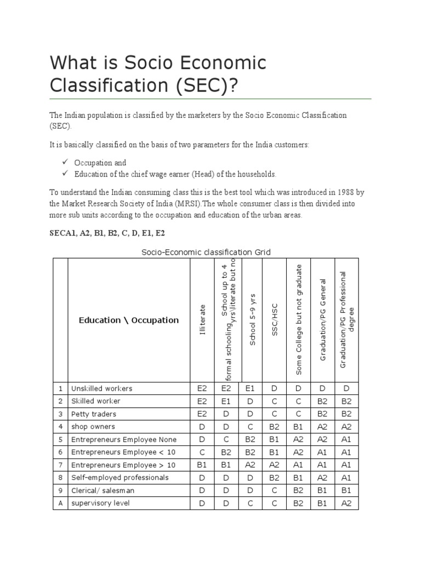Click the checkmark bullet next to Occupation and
point(65,162)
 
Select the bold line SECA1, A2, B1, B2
point(107,233)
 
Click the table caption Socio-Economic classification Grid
point(206,252)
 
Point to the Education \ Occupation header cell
point(129,320)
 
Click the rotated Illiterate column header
point(202,320)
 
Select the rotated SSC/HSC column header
point(275,320)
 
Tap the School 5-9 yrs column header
point(252,320)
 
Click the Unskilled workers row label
point(102,388)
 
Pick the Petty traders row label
point(94,414)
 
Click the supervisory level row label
point(100,503)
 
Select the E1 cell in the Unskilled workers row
point(251,388)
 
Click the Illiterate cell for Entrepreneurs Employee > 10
point(202,465)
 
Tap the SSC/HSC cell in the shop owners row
point(274,427)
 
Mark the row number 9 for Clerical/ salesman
point(60,490)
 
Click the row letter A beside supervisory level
point(60,503)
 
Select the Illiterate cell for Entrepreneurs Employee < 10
point(202,452)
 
